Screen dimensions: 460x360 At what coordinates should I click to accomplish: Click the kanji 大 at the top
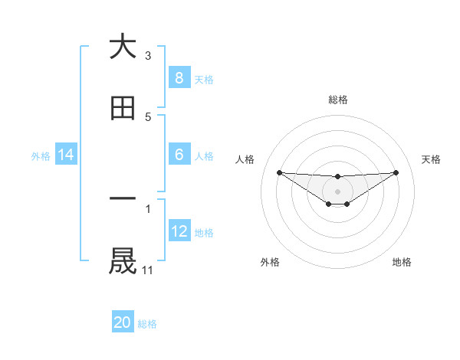click(x=123, y=47)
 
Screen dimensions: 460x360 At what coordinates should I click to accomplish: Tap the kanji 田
click(x=123, y=110)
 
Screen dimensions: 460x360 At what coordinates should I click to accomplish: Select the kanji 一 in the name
click(x=123, y=198)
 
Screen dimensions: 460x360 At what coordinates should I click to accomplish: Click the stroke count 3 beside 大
click(x=148, y=55)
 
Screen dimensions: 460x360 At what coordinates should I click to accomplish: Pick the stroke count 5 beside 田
click(x=148, y=117)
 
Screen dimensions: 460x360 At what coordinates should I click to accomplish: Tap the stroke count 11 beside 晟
click(x=148, y=270)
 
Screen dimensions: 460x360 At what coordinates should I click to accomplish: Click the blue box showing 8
click(x=179, y=77)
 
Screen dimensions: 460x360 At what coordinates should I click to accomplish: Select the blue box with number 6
click(x=179, y=155)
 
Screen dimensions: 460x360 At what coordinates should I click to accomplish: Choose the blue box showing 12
click(x=179, y=231)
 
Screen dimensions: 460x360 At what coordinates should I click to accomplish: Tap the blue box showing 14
click(x=66, y=155)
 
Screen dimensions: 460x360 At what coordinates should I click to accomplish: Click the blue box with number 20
click(x=123, y=322)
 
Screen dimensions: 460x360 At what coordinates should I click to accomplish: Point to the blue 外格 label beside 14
click(x=41, y=155)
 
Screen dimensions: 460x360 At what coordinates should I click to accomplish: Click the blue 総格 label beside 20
click(x=147, y=324)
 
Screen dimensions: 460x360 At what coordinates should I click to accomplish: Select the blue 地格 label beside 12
click(x=204, y=233)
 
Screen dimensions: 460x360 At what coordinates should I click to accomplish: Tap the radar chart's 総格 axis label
click(x=337, y=100)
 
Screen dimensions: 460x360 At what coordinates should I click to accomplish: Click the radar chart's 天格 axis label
click(x=431, y=159)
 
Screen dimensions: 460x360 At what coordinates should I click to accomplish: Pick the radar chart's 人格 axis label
click(x=245, y=159)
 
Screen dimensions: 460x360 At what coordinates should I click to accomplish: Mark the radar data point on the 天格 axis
click(x=396, y=172)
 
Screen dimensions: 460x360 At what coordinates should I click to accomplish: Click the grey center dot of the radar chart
click(x=337, y=191)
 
